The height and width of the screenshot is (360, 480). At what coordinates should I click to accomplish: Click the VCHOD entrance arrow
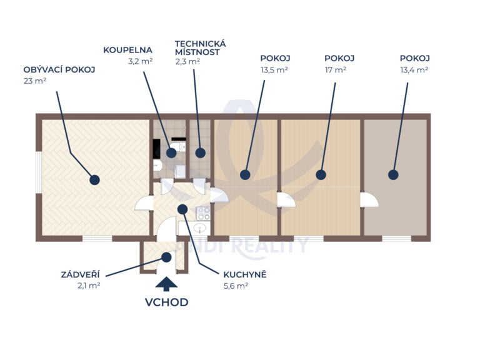[166, 284]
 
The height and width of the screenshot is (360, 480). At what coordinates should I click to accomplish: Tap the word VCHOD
[166, 302]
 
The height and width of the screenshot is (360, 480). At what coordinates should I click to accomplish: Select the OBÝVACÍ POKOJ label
[59, 70]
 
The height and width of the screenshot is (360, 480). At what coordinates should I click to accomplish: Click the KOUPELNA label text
[128, 50]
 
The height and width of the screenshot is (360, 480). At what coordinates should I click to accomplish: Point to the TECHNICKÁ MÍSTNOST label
[200, 47]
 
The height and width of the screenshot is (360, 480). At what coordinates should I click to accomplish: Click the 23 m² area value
[35, 81]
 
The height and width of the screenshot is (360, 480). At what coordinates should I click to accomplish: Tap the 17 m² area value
[335, 70]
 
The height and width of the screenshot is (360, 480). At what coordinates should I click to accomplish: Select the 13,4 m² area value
[414, 70]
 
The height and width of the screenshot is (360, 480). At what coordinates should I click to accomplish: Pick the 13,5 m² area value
[274, 70]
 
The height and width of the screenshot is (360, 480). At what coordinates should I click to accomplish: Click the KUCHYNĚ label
[244, 274]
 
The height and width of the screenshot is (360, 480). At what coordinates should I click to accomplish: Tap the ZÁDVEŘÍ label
[81, 274]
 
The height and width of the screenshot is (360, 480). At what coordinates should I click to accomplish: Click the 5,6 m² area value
[236, 286]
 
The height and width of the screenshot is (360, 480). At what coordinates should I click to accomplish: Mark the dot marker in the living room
[94, 179]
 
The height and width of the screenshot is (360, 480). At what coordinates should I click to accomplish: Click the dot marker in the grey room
[393, 175]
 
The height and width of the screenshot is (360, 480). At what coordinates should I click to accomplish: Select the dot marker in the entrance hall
[167, 256]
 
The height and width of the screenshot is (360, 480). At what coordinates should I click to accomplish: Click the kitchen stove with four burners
[204, 213]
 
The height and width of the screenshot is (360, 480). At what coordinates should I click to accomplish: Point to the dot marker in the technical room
[200, 152]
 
